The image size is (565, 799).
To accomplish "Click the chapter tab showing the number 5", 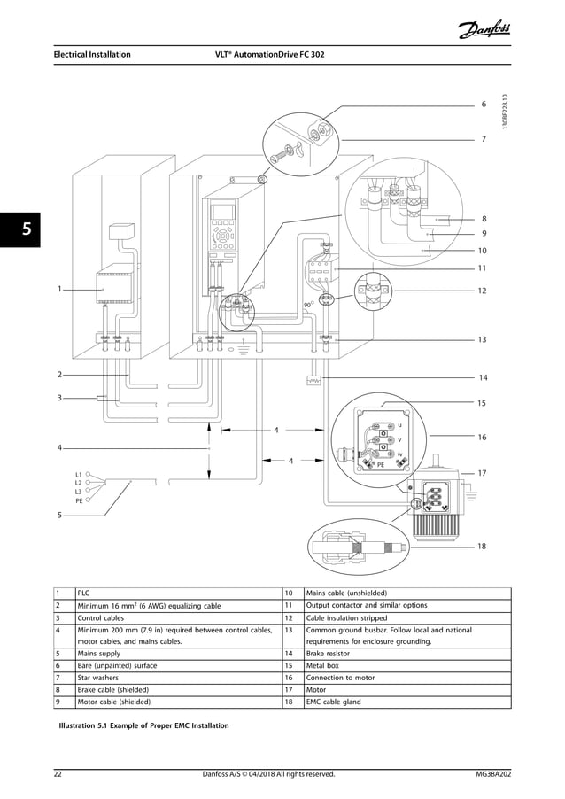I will coord(26,229).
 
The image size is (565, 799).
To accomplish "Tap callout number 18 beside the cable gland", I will coord(482,547).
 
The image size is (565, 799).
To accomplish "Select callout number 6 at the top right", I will coord(484,105).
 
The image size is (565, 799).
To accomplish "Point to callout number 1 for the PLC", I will coord(59,288).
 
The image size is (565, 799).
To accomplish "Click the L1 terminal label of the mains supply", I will coord(78,475).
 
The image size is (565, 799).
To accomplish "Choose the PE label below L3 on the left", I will coord(78,500).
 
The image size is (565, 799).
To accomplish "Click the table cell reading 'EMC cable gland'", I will coord(337,701).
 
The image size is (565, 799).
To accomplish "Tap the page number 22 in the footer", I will coord(58,775).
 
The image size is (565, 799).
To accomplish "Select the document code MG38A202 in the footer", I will coord(492,775).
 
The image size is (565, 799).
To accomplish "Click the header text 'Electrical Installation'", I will coord(92,54).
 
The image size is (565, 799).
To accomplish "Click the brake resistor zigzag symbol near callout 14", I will coord(313,381).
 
